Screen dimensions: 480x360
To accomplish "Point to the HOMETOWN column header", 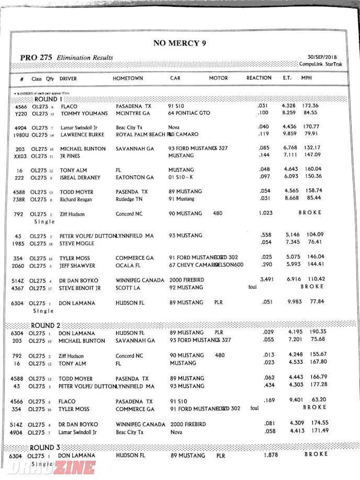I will click(x=128, y=79).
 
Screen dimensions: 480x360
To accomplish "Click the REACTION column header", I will click(x=259, y=78).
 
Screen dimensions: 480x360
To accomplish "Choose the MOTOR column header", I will click(x=218, y=79).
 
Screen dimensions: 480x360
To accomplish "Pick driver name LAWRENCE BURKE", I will click(x=83, y=135).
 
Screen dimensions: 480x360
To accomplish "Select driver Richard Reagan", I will click(x=76, y=199).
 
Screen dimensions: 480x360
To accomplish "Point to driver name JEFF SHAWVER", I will click(x=77, y=266).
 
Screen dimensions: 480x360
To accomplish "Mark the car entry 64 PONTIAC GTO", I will click(x=189, y=113).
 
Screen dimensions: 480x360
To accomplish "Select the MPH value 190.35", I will click(x=314, y=331).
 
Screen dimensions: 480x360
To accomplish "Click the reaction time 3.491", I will click(x=267, y=280).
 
